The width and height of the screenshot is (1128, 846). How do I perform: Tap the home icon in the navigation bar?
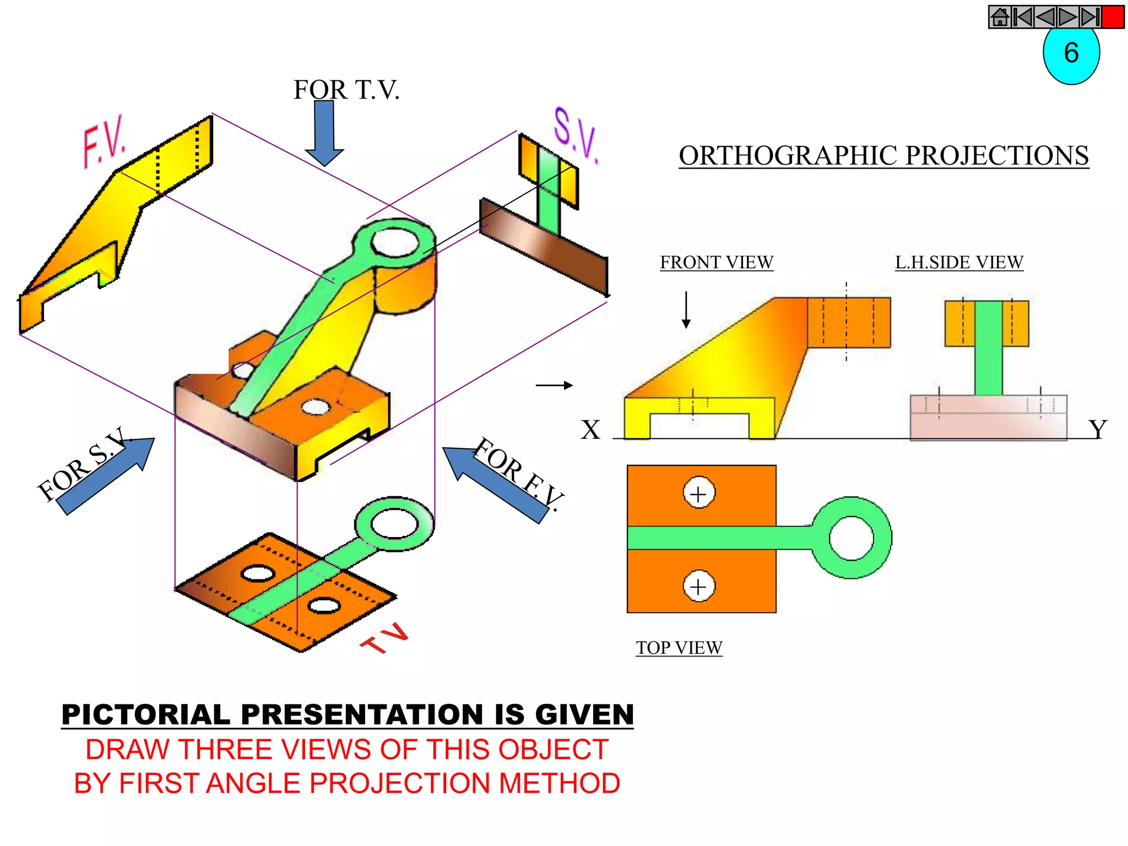point(1000,17)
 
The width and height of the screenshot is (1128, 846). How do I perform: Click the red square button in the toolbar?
point(1113,17)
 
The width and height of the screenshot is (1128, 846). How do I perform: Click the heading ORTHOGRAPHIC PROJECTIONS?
point(883,156)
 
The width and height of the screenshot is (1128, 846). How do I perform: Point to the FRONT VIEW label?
point(717,262)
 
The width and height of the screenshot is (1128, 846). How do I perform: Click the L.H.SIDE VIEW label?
point(959,262)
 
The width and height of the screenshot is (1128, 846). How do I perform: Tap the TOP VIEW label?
point(679,648)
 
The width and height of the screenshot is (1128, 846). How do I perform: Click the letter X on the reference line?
point(590,430)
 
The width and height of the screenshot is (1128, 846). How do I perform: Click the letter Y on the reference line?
point(1097,430)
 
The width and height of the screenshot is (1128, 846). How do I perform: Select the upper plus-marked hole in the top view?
point(698,493)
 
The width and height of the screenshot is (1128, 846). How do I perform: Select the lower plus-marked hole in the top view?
point(698,586)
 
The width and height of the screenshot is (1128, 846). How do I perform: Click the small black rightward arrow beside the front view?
point(554,386)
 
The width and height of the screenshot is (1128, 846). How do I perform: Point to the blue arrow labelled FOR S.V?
point(105,477)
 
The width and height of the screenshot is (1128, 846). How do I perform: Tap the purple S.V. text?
point(575,135)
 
